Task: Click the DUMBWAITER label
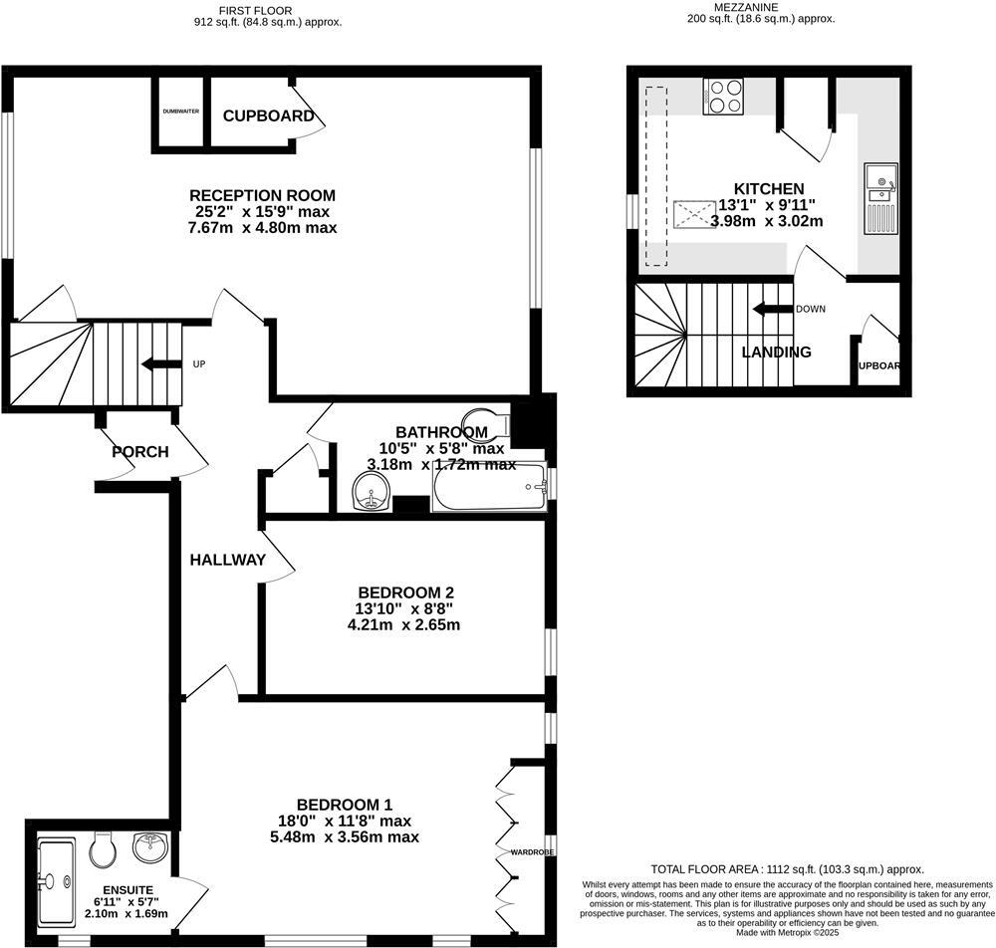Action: pos(181,112)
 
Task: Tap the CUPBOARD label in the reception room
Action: pos(268,117)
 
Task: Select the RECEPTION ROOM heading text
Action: pos(262,195)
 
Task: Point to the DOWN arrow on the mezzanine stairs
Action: pos(772,309)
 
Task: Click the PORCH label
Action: pos(139,452)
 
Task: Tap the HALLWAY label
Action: pos(228,560)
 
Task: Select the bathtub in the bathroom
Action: pos(489,488)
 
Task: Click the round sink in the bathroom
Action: pos(373,491)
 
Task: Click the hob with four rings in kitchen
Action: pos(723,97)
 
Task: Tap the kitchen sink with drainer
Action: pos(880,196)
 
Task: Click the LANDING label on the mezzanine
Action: pos(777,352)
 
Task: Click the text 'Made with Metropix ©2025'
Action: pos(787,933)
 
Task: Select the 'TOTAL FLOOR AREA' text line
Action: pos(787,868)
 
